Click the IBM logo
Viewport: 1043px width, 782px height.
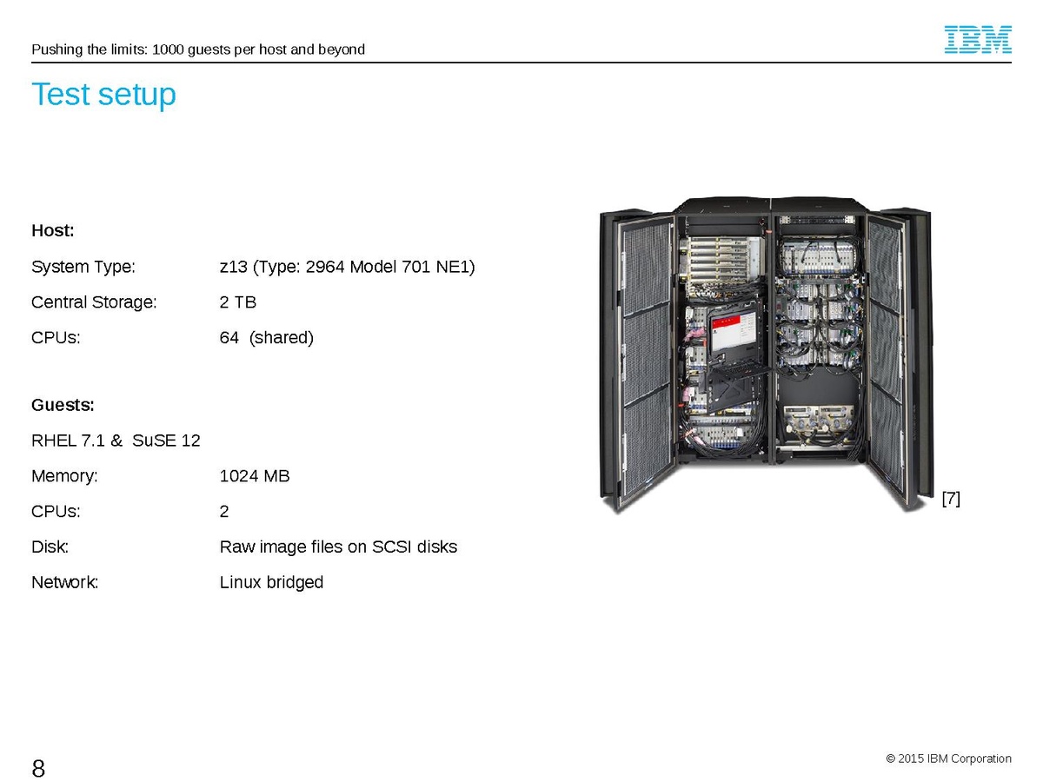[978, 40]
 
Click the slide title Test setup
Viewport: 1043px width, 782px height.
[103, 94]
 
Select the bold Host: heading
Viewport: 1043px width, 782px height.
[53, 231]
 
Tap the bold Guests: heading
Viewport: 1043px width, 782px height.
[63, 406]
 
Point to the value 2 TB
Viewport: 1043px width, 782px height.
[238, 302]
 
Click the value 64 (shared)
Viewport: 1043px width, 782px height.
[266, 338]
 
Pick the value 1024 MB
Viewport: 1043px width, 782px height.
[255, 476]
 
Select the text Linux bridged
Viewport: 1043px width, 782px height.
[271, 582]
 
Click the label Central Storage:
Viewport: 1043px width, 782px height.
[94, 302]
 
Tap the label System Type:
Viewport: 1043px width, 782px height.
[83, 267]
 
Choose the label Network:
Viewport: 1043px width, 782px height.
[65, 582]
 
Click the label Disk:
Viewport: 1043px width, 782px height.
[50, 547]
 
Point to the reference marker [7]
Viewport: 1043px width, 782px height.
[951, 499]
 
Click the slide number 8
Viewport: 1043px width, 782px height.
[38, 768]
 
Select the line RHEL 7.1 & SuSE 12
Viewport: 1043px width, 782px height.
[116, 441]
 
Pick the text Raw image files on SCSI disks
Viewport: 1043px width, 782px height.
[338, 547]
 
